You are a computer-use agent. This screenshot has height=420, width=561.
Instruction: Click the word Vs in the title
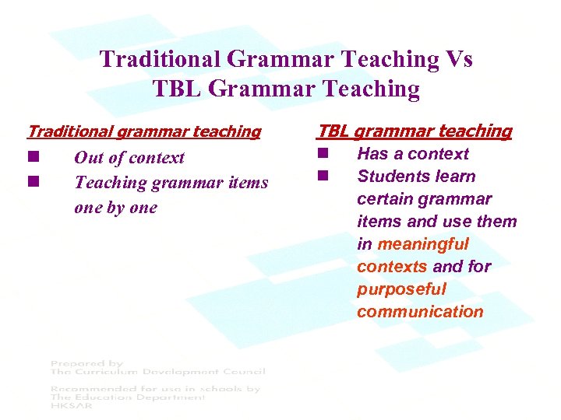457,60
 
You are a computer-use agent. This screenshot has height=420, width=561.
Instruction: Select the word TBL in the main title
178,89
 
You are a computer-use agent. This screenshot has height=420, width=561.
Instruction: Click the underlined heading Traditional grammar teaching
144,131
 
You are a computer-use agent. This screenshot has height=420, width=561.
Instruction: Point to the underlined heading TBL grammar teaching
414,131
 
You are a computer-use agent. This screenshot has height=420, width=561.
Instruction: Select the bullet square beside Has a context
322,154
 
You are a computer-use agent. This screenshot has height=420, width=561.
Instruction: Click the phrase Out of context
129,158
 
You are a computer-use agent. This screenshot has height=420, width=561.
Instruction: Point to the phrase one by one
115,208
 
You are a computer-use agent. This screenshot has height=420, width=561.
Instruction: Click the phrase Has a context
413,154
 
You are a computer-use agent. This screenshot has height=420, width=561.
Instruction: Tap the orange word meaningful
423,244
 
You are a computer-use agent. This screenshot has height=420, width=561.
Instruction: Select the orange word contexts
392,267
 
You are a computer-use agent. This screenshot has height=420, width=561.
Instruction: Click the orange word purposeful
401,289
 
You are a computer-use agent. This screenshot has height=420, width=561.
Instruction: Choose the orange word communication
420,312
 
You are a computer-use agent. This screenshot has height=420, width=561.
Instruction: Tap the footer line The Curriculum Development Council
157,372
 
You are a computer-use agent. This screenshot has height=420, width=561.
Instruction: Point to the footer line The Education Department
128,397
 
